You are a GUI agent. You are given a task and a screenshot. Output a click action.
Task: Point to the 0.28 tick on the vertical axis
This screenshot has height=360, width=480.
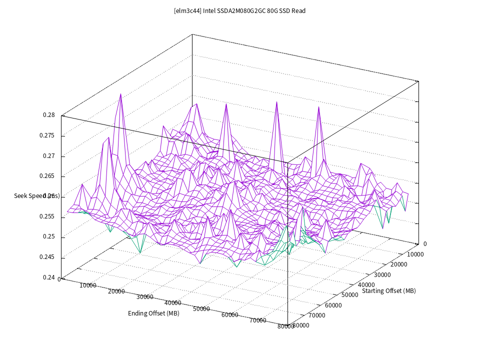[x=49, y=115]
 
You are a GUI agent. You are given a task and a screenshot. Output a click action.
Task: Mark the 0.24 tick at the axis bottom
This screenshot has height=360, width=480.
[x=49, y=277]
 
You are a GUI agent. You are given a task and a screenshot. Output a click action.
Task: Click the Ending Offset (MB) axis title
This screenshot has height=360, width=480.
[x=153, y=313]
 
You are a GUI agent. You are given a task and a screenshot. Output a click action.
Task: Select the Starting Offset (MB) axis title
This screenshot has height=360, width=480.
[x=389, y=291]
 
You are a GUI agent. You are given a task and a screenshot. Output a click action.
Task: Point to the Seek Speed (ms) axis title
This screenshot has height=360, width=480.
[x=37, y=196]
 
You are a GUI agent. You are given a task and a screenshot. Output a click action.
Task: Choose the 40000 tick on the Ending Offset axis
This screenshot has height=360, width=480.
[x=172, y=303]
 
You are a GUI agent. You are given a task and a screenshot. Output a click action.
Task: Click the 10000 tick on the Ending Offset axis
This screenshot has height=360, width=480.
[x=88, y=285]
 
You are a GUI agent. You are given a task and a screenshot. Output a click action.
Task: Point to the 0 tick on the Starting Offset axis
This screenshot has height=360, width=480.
[x=425, y=244]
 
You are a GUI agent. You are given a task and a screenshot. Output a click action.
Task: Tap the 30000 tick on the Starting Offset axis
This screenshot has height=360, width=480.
[x=382, y=274]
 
